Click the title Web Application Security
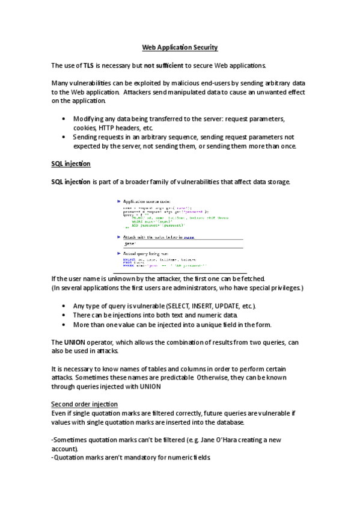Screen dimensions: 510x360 [180, 47]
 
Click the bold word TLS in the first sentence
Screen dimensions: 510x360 [88, 65]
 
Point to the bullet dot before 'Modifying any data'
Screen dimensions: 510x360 [64, 119]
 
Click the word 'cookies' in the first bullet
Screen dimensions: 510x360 [84, 128]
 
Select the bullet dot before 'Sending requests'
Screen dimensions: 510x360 [64, 137]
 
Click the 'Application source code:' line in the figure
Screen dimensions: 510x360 [147, 201]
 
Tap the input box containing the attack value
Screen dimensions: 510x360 [180, 244]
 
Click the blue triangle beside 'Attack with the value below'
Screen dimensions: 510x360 [119, 238]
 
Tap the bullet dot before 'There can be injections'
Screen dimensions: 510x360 [64, 315]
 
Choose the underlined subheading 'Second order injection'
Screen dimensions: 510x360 [84, 404]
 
